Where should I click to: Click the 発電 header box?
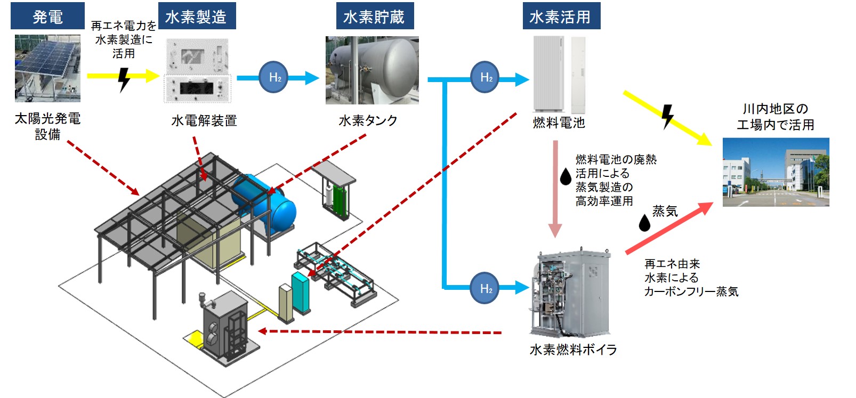pyautogui.click(x=47, y=17)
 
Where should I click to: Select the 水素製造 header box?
pyautogui.click(x=196, y=17)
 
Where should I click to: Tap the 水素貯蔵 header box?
pyautogui.click(x=374, y=17)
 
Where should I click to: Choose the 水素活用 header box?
pyautogui.click(x=560, y=17)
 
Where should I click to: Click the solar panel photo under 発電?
pyautogui.click(x=47, y=68)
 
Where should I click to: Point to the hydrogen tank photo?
pyautogui.click(x=372, y=70)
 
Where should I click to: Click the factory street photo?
pyautogui.click(x=776, y=172)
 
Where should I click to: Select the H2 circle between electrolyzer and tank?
pyautogui.click(x=274, y=78)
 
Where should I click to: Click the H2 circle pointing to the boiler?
pyautogui.click(x=485, y=288)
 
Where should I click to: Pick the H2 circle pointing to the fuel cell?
pyautogui.click(x=485, y=78)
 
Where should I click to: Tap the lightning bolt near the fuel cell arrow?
pyautogui.click(x=667, y=117)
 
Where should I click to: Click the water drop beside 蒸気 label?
pyautogui.click(x=644, y=223)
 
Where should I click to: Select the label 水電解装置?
pyautogui.click(x=204, y=121)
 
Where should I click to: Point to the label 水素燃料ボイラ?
pyautogui.click(x=573, y=350)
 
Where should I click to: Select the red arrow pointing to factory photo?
pyautogui.click(x=669, y=228)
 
